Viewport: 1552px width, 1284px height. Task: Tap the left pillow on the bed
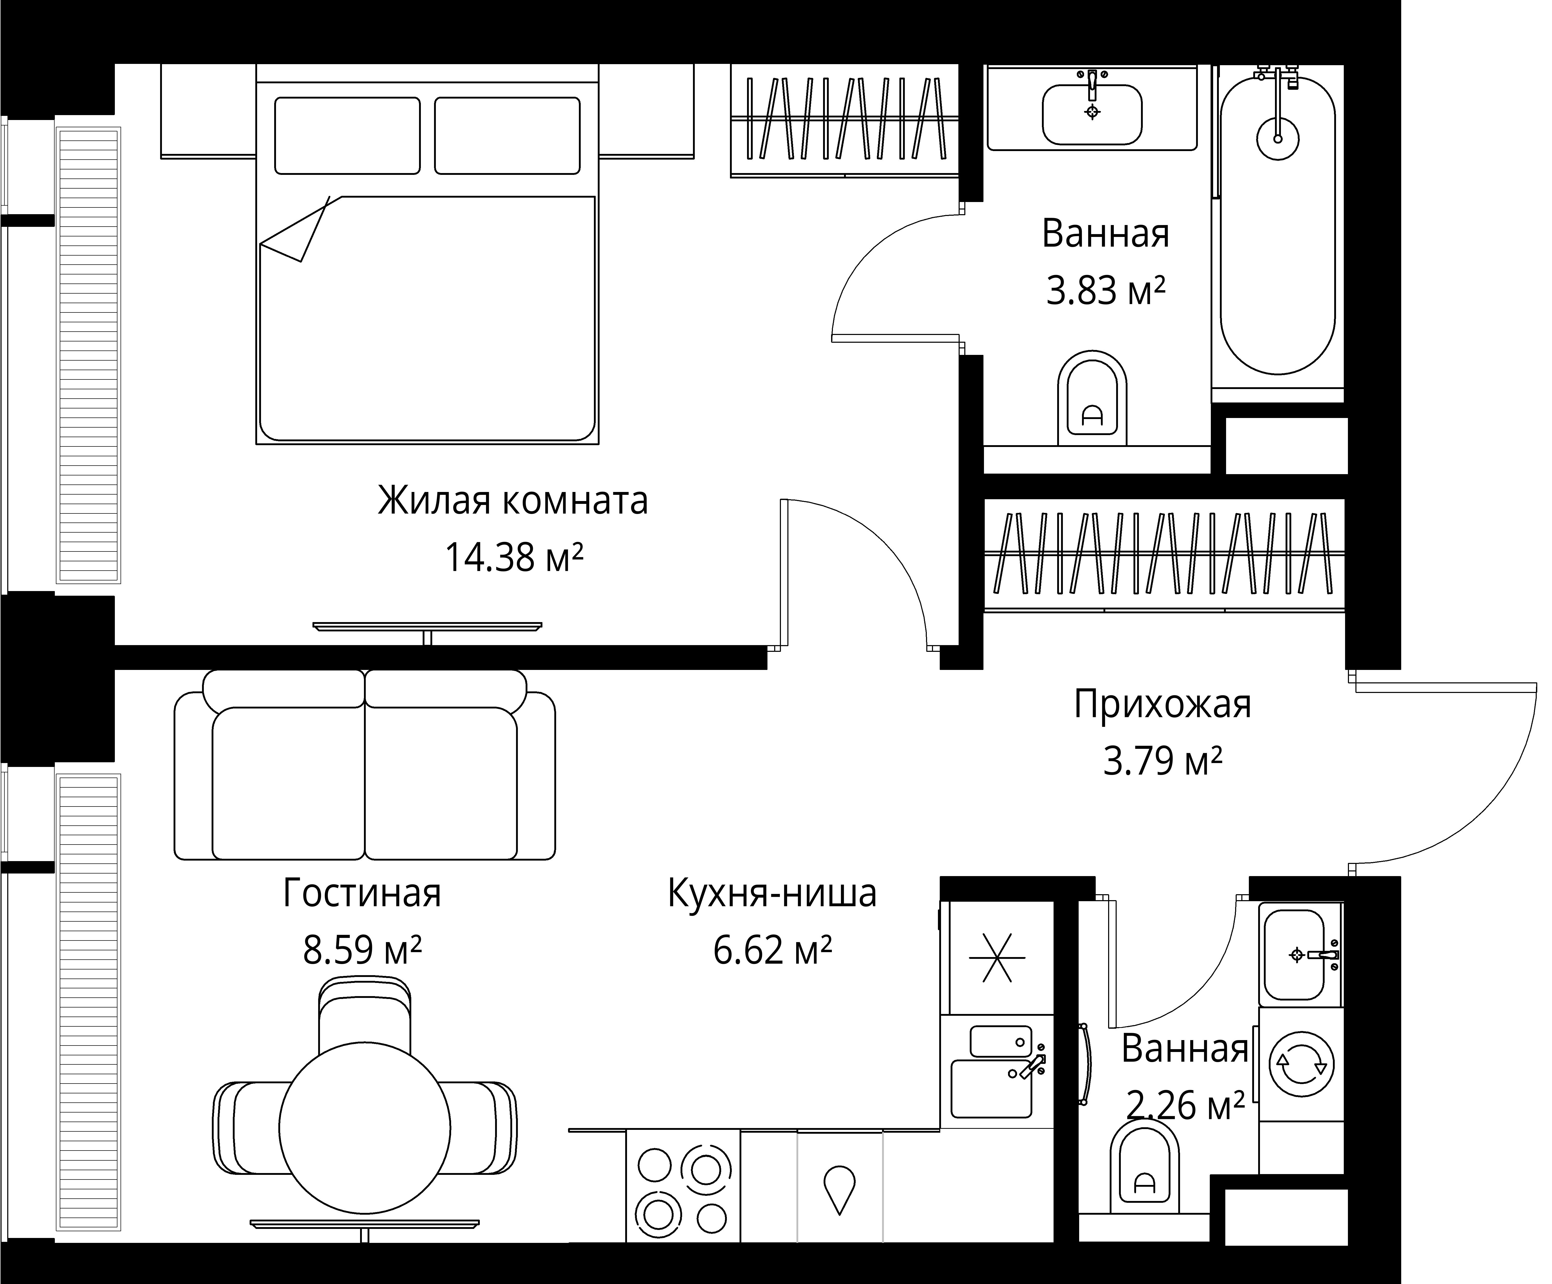click(x=347, y=136)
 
